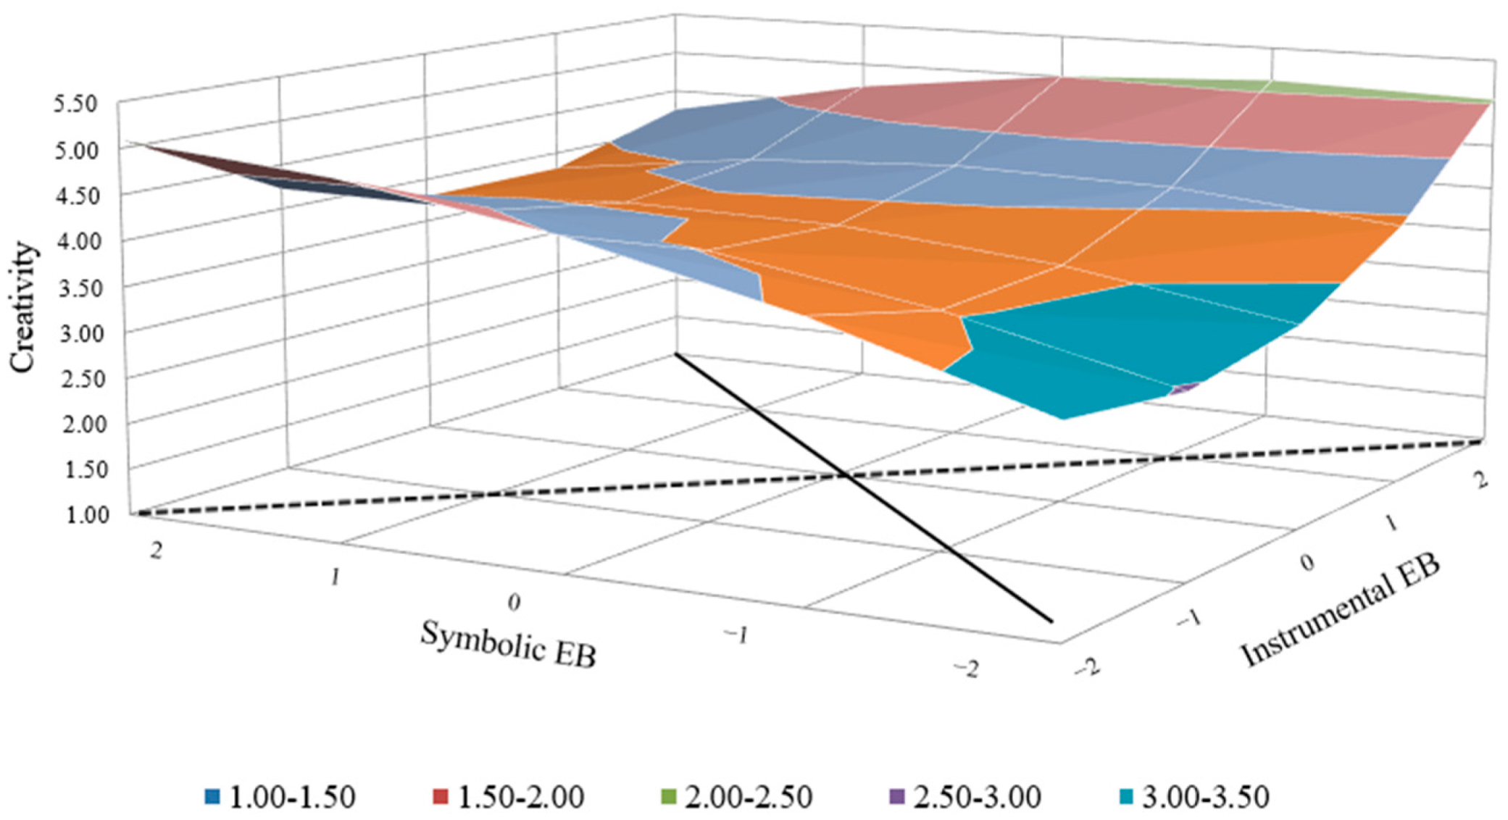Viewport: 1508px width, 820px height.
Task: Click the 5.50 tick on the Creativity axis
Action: point(75,104)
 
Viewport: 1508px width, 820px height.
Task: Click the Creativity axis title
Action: point(23,308)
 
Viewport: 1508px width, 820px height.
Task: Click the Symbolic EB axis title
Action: point(508,644)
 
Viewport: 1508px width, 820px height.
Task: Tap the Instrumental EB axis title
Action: point(1341,612)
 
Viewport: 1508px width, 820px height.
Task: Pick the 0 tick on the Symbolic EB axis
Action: point(513,602)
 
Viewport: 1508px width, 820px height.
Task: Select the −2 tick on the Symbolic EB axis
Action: point(967,669)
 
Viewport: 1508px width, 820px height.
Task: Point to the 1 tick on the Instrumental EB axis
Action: point(1390,524)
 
